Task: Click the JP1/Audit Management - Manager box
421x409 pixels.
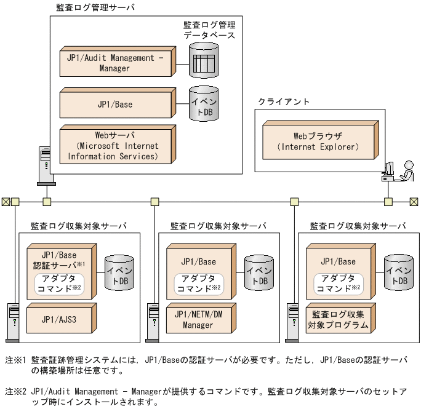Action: coord(114,63)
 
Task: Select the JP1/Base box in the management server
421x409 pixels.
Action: coord(114,105)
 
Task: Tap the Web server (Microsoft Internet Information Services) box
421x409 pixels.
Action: coord(114,146)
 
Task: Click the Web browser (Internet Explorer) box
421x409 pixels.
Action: coord(318,141)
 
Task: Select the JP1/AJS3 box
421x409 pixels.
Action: coord(59,320)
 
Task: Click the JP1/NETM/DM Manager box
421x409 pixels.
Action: coord(198,320)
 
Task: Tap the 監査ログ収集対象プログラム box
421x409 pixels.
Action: coord(339,320)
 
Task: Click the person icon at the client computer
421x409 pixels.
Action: coord(407,170)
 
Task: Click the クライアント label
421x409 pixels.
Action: coord(284,101)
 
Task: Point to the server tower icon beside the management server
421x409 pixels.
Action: coord(45,165)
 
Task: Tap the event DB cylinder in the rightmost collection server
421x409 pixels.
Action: coord(398,272)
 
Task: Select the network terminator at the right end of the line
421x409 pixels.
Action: coord(414,201)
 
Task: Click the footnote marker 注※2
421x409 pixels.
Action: coord(15,391)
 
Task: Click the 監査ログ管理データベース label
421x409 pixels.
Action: coord(209,30)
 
